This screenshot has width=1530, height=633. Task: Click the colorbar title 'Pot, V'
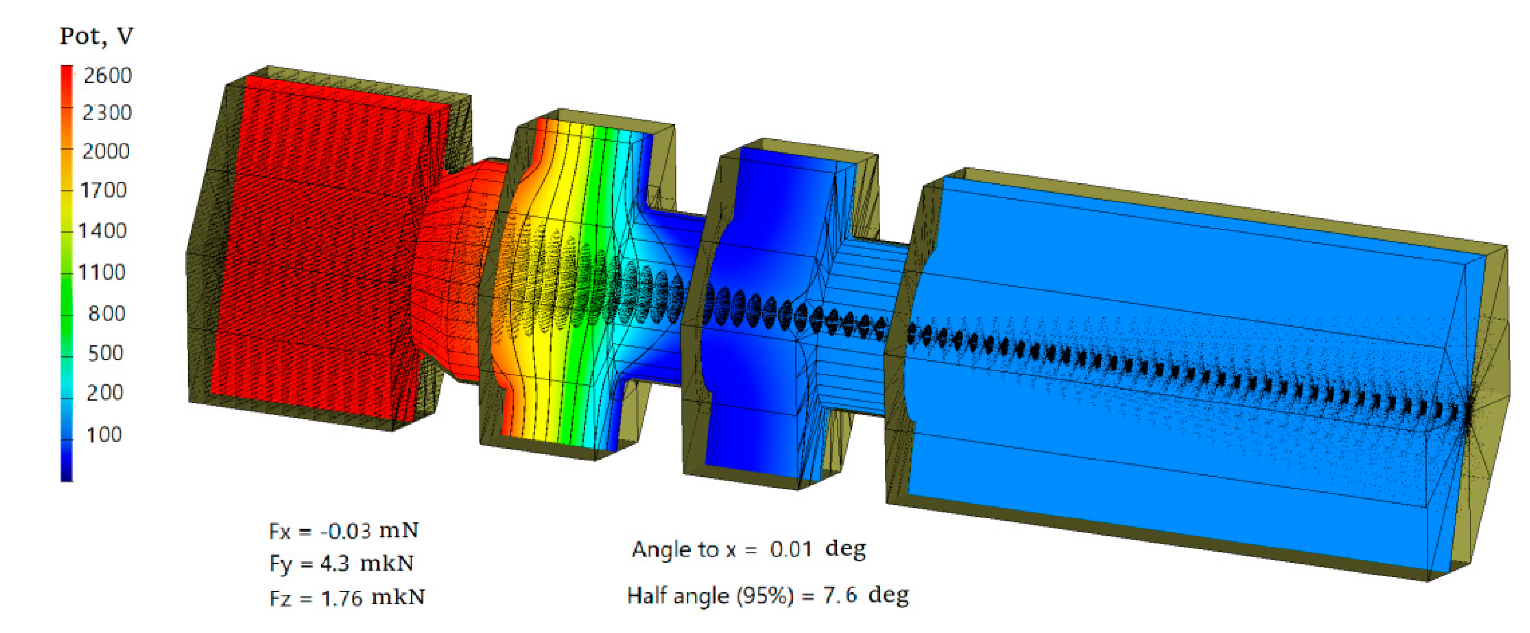point(97,36)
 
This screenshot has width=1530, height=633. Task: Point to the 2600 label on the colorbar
point(108,75)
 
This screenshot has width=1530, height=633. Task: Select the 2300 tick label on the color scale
point(107,113)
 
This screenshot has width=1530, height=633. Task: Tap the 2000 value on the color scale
point(106,151)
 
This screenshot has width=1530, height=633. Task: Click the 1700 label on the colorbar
point(103,190)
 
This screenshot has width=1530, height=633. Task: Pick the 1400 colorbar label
point(103,230)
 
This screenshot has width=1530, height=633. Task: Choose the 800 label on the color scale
point(107,313)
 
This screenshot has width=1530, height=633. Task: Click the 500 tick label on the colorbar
point(105,353)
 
